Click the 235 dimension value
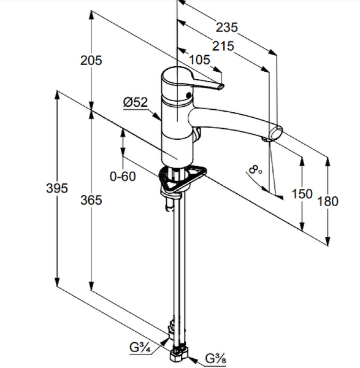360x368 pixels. point(227,27)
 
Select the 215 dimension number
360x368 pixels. point(223,46)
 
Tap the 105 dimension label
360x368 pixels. point(199,60)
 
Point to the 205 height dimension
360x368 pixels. point(91,60)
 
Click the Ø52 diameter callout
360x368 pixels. point(136,102)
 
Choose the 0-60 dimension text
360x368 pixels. point(123,176)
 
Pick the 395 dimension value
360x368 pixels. point(57,188)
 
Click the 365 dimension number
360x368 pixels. point(91,201)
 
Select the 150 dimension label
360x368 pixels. point(302,194)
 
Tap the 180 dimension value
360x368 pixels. point(328,201)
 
